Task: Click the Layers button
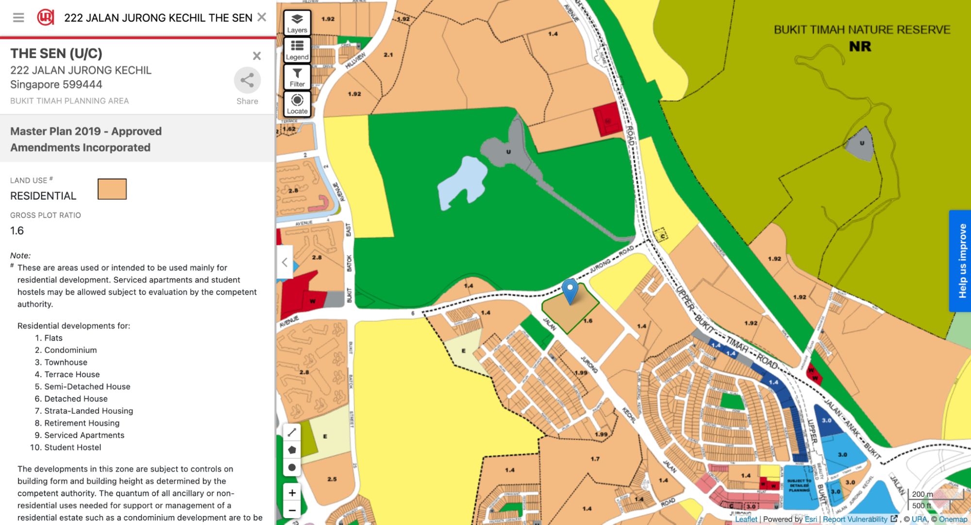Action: [x=297, y=22]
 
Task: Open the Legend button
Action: [x=297, y=50]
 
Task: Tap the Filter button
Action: [x=297, y=77]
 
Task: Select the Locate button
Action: [x=297, y=104]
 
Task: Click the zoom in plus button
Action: [x=292, y=493]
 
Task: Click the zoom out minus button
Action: [x=292, y=510]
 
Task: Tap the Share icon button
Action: [x=247, y=81]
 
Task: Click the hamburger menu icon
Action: [x=18, y=18]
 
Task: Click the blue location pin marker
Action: [x=570, y=290]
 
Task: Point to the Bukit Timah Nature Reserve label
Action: [x=862, y=30]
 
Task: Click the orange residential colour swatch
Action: [x=112, y=189]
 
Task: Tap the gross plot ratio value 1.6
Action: [x=17, y=231]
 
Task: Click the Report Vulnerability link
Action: [x=855, y=519]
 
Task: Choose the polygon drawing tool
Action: [x=292, y=450]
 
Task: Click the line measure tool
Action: [x=292, y=432]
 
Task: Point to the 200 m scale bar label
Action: [x=922, y=494]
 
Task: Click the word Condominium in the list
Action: [x=70, y=350]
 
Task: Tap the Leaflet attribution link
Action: [x=746, y=519]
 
